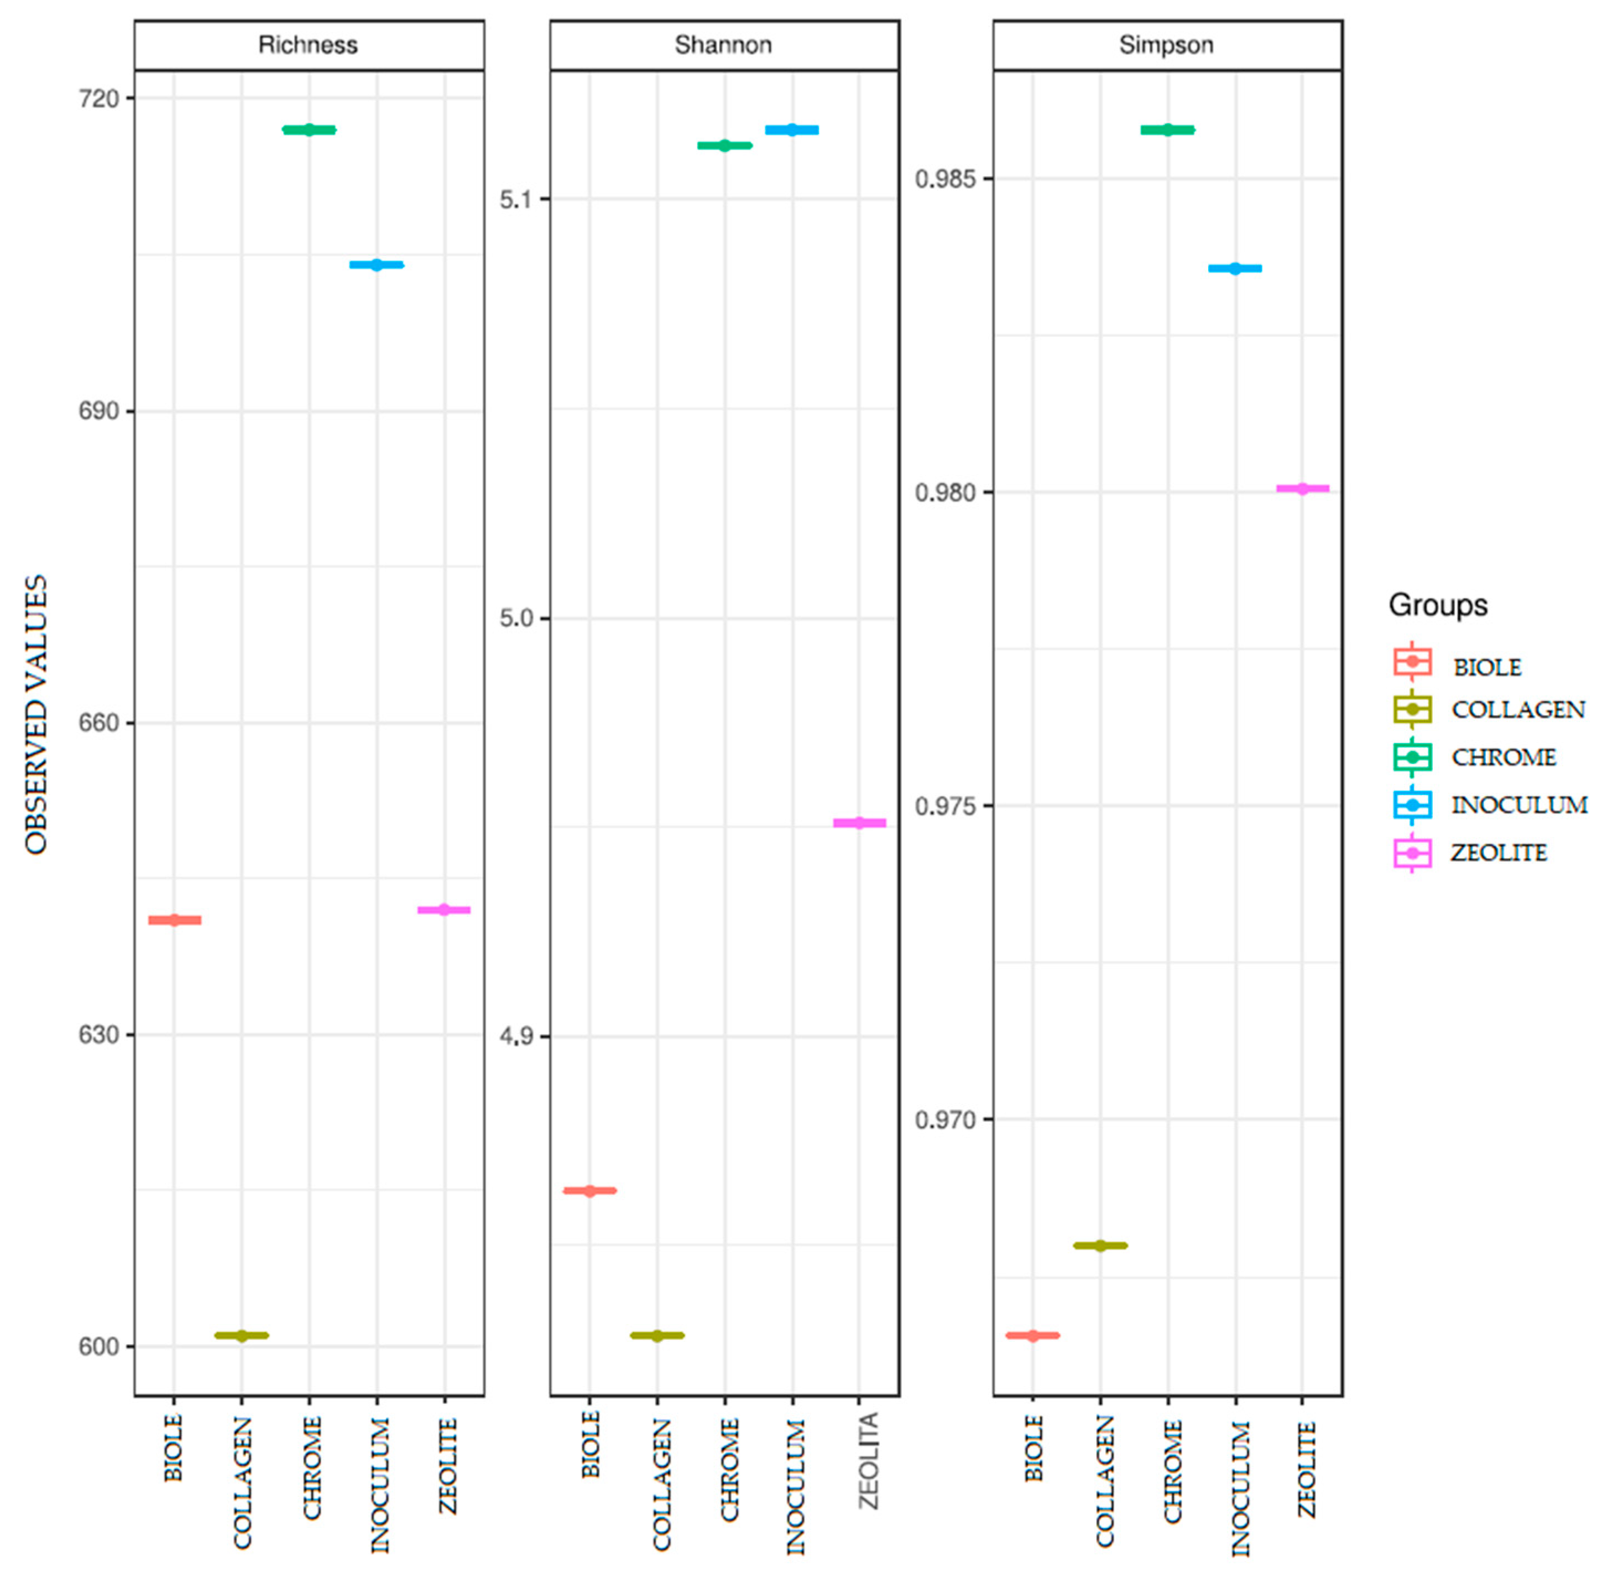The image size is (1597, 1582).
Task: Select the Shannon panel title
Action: pyautogui.click(x=723, y=45)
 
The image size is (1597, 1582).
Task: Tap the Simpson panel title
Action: pyautogui.click(x=1166, y=45)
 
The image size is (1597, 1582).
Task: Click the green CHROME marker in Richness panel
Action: pyautogui.click(x=309, y=130)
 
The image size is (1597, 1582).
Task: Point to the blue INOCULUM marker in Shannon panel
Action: pyautogui.click(x=792, y=130)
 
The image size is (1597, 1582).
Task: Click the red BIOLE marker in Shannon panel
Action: pyautogui.click(x=589, y=1191)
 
